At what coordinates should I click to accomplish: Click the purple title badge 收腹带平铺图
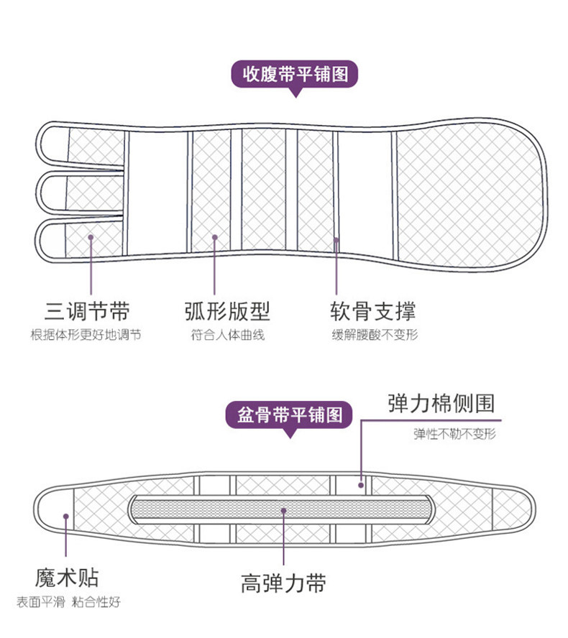click(293, 74)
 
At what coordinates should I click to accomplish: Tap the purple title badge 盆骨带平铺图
click(290, 416)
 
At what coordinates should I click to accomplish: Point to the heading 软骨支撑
click(372, 311)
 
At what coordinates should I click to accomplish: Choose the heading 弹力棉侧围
click(441, 402)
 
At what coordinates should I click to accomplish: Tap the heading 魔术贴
click(67, 578)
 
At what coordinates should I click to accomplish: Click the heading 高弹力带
click(283, 582)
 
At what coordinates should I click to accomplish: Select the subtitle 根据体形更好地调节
click(86, 335)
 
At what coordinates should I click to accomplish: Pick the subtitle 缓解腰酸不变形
click(374, 335)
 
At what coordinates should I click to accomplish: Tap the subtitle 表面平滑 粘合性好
click(68, 604)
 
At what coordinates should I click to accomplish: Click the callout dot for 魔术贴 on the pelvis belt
click(66, 515)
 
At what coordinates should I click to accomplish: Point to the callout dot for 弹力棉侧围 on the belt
click(360, 485)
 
